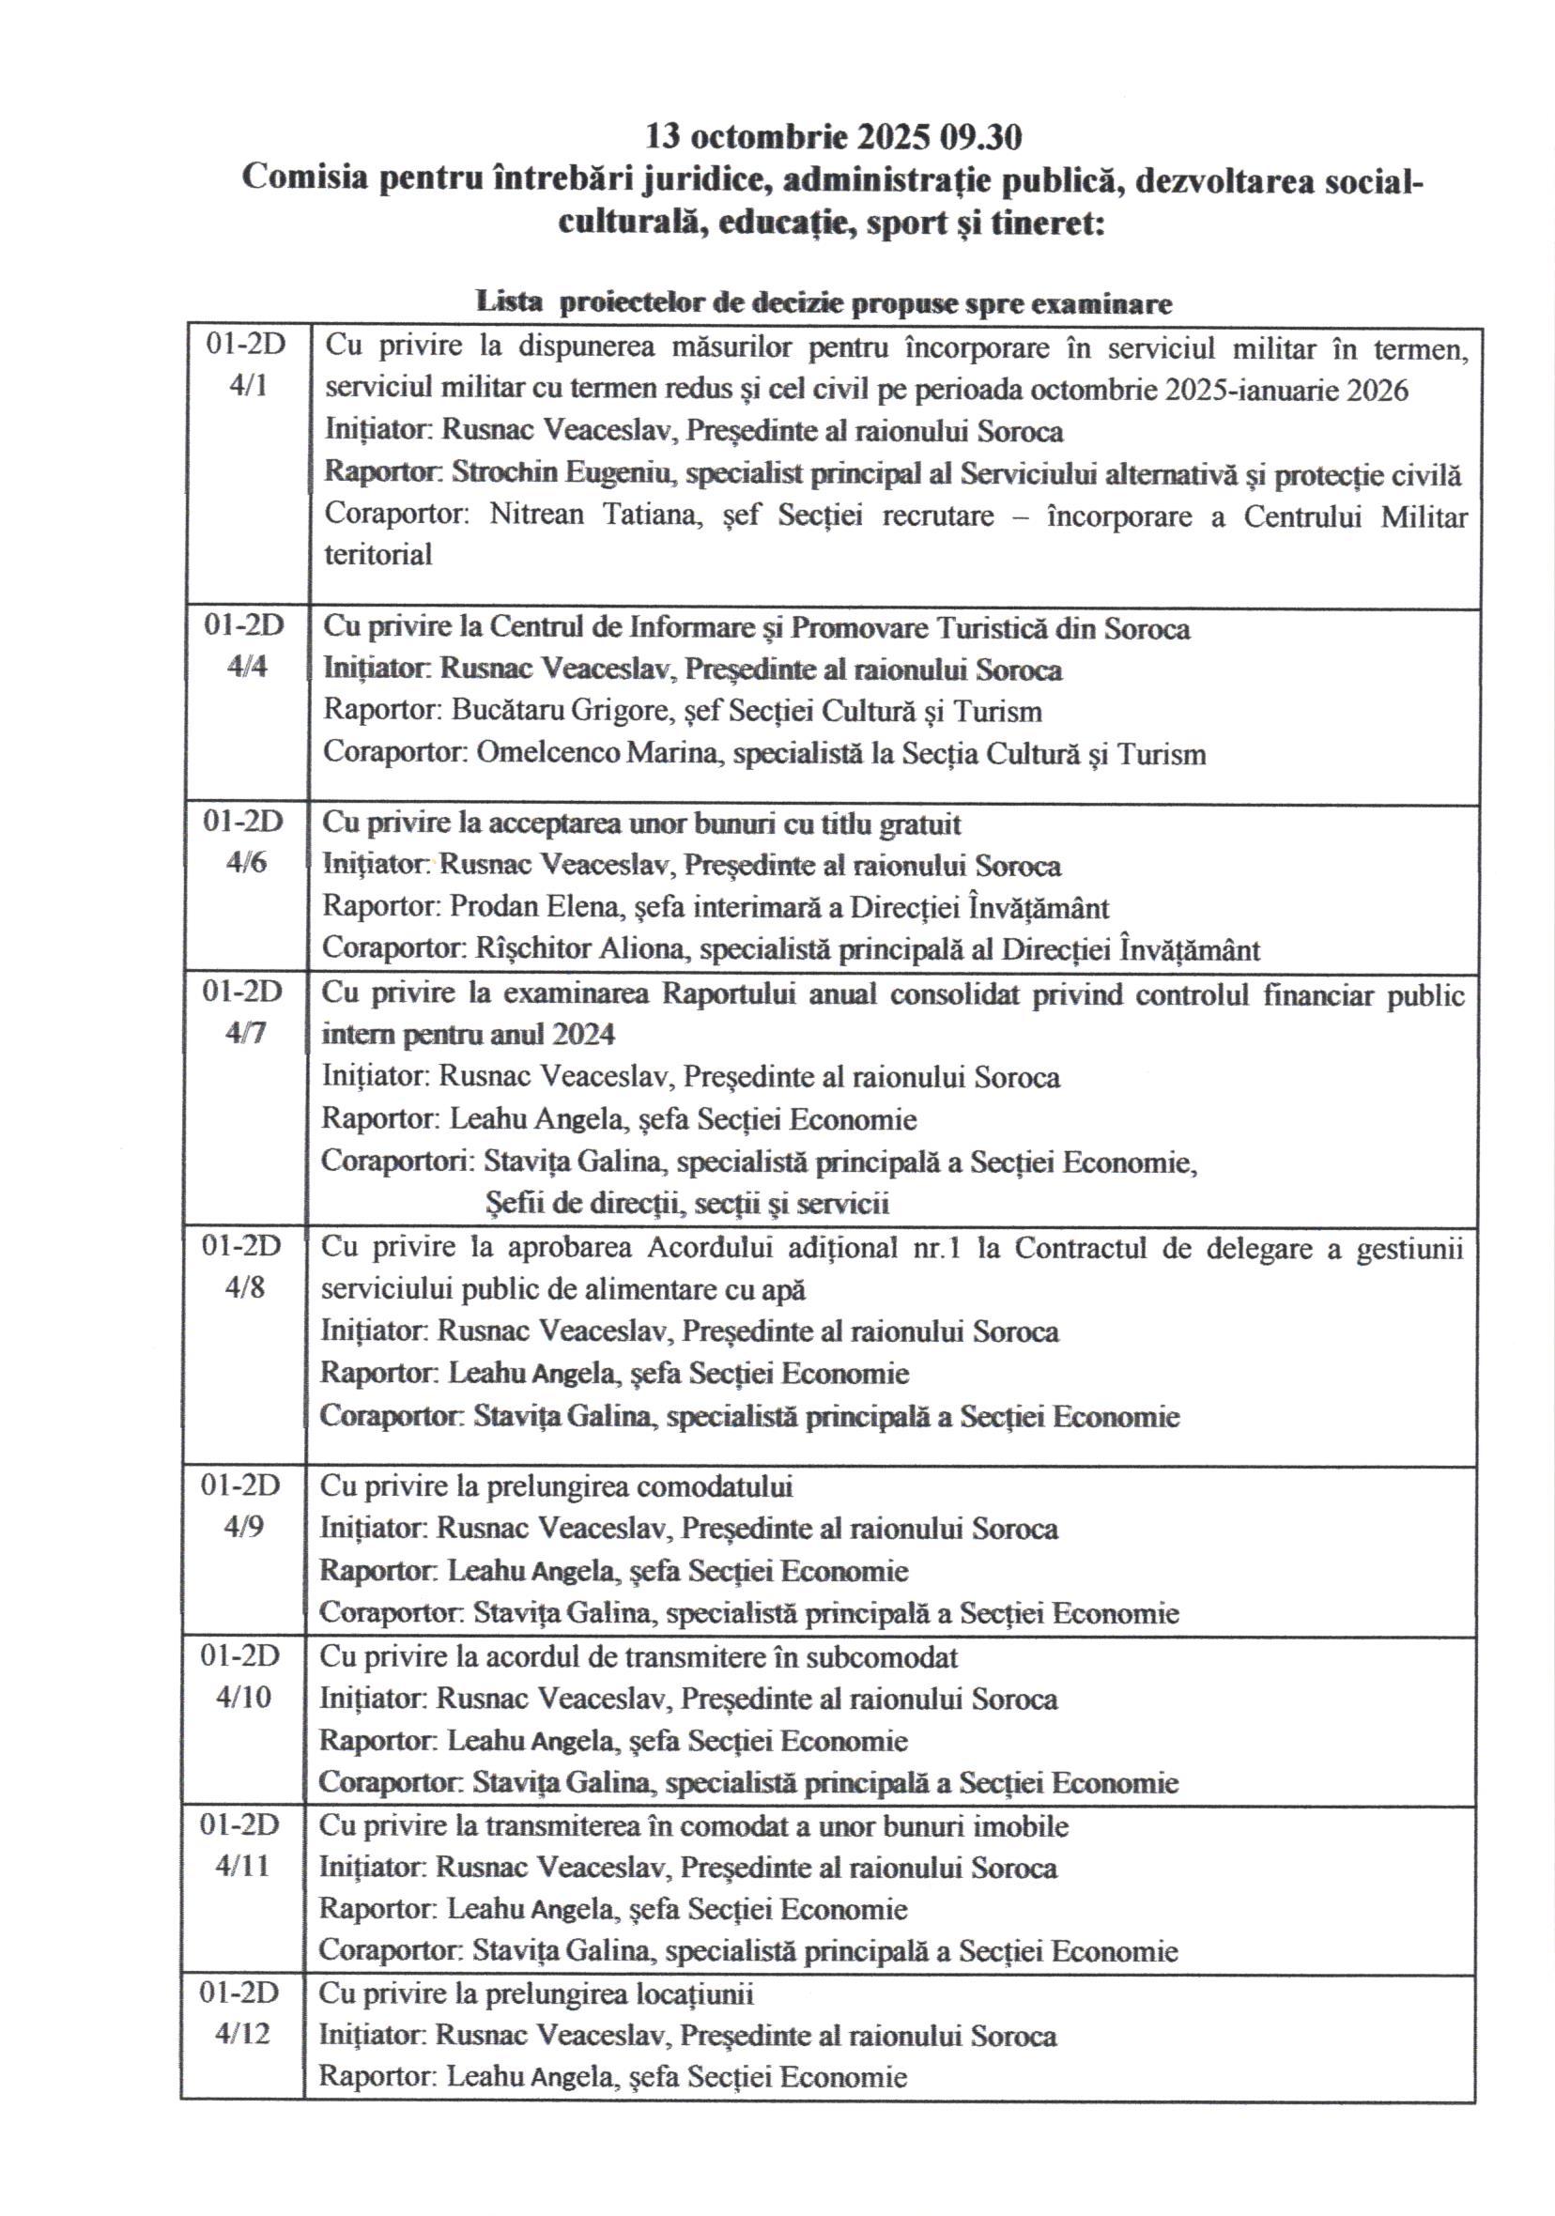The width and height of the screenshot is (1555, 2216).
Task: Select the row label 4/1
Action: click(248, 386)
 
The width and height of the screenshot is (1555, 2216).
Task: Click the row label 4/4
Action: click(247, 666)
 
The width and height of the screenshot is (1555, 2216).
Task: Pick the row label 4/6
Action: click(246, 862)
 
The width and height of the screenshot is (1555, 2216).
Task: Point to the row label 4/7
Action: click(245, 1033)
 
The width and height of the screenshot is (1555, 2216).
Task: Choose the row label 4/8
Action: click(244, 1287)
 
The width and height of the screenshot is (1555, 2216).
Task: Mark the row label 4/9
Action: click(243, 1527)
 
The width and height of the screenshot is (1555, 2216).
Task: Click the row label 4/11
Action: click(242, 1866)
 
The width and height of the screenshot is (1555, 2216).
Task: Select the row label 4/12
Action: click(242, 2034)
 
